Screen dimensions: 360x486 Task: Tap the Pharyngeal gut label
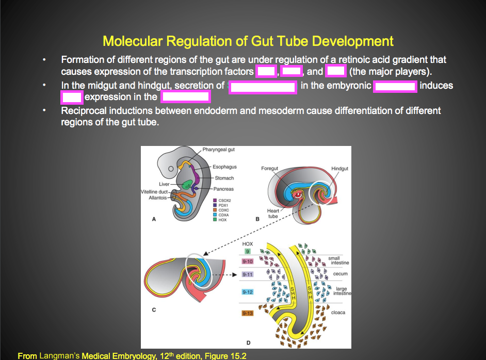click(218, 150)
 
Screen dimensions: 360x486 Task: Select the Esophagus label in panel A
click(225, 167)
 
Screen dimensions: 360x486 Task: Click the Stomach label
click(224, 178)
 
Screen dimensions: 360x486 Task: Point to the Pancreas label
click(224, 189)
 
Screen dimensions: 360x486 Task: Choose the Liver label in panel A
click(164, 184)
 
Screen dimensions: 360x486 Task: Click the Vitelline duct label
click(153, 192)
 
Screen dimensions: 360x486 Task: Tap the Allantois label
click(157, 198)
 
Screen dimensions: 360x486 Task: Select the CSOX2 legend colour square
click(214, 200)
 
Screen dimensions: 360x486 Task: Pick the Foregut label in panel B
click(269, 169)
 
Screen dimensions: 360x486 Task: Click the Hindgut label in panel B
click(339, 169)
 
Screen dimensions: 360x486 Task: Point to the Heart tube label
click(273, 214)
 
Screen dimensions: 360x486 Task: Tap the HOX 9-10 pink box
click(248, 261)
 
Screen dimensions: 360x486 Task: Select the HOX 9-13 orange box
click(248, 313)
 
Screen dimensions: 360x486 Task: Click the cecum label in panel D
click(340, 274)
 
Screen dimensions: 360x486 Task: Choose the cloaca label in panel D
click(339, 313)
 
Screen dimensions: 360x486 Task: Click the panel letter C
click(154, 310)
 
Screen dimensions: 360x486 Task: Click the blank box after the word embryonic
click(395, 86)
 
